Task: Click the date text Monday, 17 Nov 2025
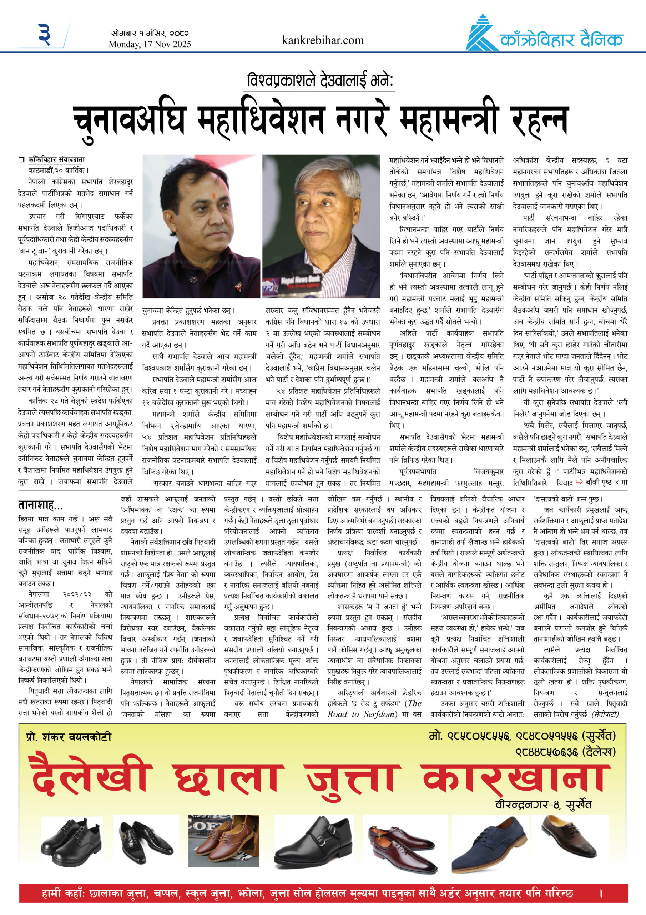coord(150,44)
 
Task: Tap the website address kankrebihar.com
coord(322,40)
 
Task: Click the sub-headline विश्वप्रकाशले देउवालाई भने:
coord(321,81)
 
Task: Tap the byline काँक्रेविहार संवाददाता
coord(56,160)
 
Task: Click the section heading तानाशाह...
coord(40,505)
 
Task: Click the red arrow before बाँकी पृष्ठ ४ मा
coord(579,482)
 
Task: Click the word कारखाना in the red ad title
coord(516,778)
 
